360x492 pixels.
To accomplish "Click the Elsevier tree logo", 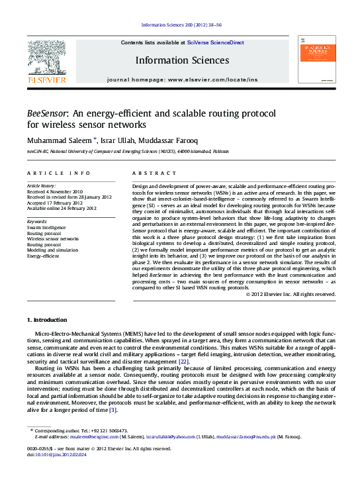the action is coord(46,58).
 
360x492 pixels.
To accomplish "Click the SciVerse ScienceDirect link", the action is coord(215,42).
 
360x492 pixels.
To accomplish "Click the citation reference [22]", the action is coord(184,362).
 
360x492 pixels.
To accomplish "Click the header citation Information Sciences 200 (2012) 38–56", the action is coord(179,26).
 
